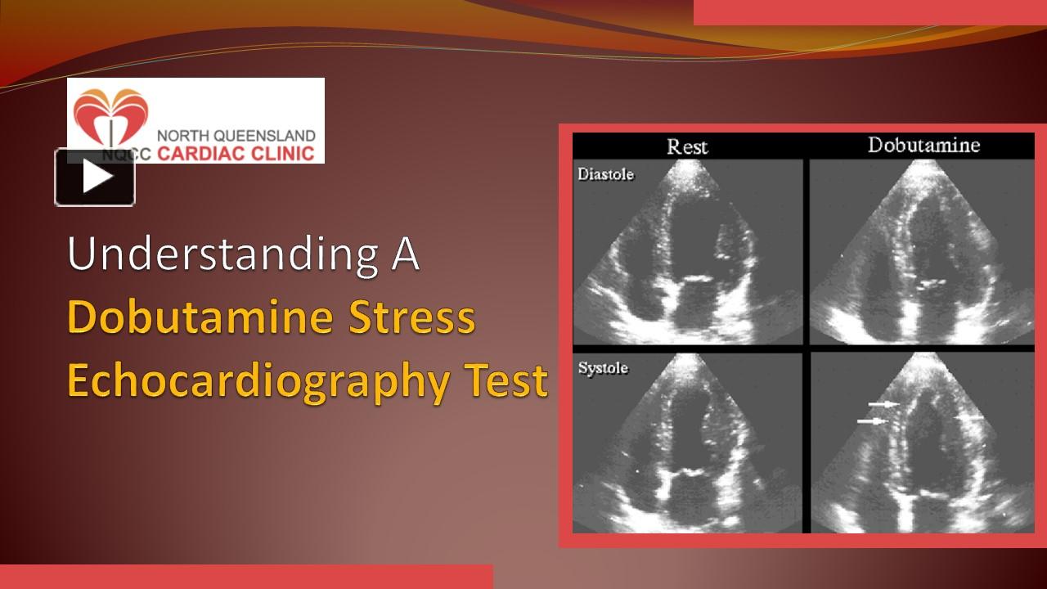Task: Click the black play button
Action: (x=95, y=178)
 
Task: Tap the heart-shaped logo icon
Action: (x=110, y=118)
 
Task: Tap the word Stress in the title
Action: (x=412, y=318)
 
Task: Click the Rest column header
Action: (x=687, y=146)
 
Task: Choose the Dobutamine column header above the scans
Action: (x=923, y=145)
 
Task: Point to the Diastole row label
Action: (x=605, y=174)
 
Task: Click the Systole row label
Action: (x=603, y=368)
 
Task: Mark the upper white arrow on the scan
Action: (x=884, y=404)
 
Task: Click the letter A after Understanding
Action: (x=405, y=254)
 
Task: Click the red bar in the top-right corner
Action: (x=870, y=12)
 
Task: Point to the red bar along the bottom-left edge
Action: (x=246, y=577)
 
